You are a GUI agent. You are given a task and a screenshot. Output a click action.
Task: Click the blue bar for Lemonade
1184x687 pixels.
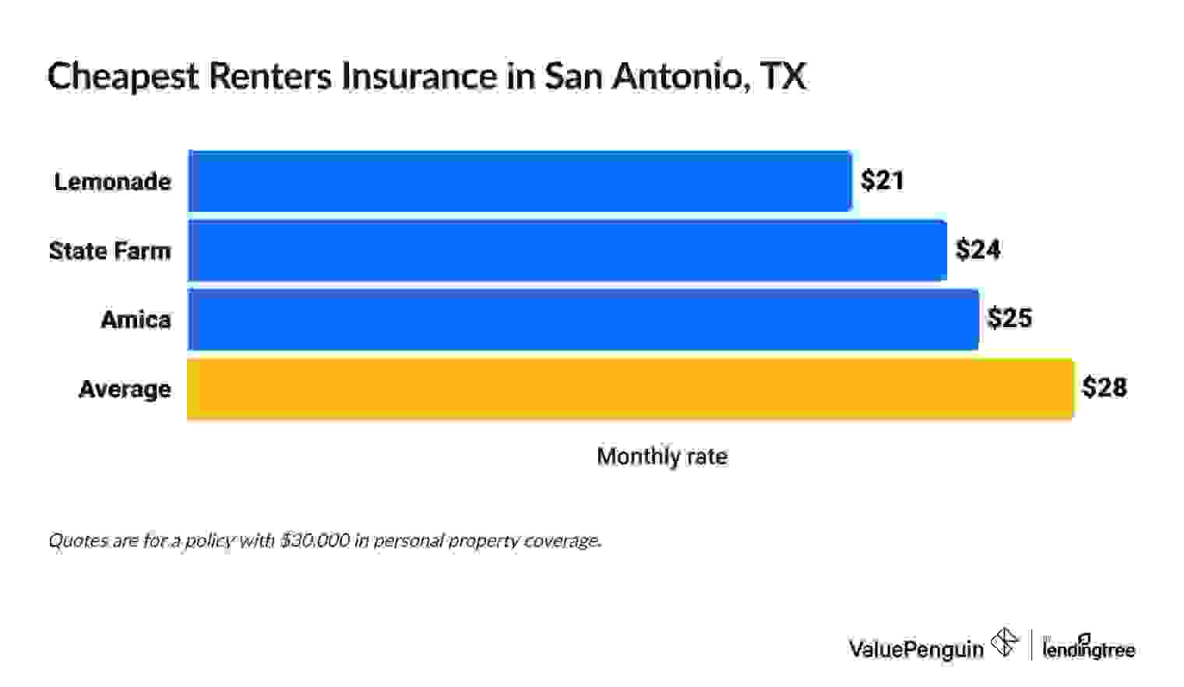point(520,181)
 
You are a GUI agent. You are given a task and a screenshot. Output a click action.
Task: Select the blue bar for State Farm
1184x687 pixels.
point(567,251)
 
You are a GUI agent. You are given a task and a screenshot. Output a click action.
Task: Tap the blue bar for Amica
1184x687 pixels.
point(583,319)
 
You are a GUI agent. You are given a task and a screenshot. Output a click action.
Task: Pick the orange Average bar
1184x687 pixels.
point(630,389)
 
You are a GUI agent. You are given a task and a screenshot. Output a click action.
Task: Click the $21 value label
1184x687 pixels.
point(882,181)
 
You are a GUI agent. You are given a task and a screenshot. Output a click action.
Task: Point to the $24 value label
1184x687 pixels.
point(978,250)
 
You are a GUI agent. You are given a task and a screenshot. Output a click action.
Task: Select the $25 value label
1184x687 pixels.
point(1010,319)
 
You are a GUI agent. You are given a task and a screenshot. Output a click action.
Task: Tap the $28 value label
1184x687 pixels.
point(1105,387)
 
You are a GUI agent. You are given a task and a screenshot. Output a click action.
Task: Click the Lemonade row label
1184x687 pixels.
point(112,181)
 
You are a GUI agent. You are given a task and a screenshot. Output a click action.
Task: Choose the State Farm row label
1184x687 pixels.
point(110,251)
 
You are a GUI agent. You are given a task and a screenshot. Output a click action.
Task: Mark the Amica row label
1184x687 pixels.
point(136,319)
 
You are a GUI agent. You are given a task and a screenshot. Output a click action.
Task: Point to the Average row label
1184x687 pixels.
point(125,389)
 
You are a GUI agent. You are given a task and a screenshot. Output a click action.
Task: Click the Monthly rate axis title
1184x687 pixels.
point(662,456)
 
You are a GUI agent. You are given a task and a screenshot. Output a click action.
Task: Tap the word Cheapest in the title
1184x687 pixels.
point(123,77)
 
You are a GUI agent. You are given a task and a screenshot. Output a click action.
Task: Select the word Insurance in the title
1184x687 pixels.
point(419,76)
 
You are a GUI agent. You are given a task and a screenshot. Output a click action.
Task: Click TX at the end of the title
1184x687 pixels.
point(783,76)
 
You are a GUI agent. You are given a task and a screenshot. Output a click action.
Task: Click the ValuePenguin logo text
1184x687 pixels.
point(915,648)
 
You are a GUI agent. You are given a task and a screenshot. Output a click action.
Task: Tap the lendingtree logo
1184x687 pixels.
point(1088,648)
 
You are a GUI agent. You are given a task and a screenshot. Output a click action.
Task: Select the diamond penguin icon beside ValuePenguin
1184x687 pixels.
point(1004,643)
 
